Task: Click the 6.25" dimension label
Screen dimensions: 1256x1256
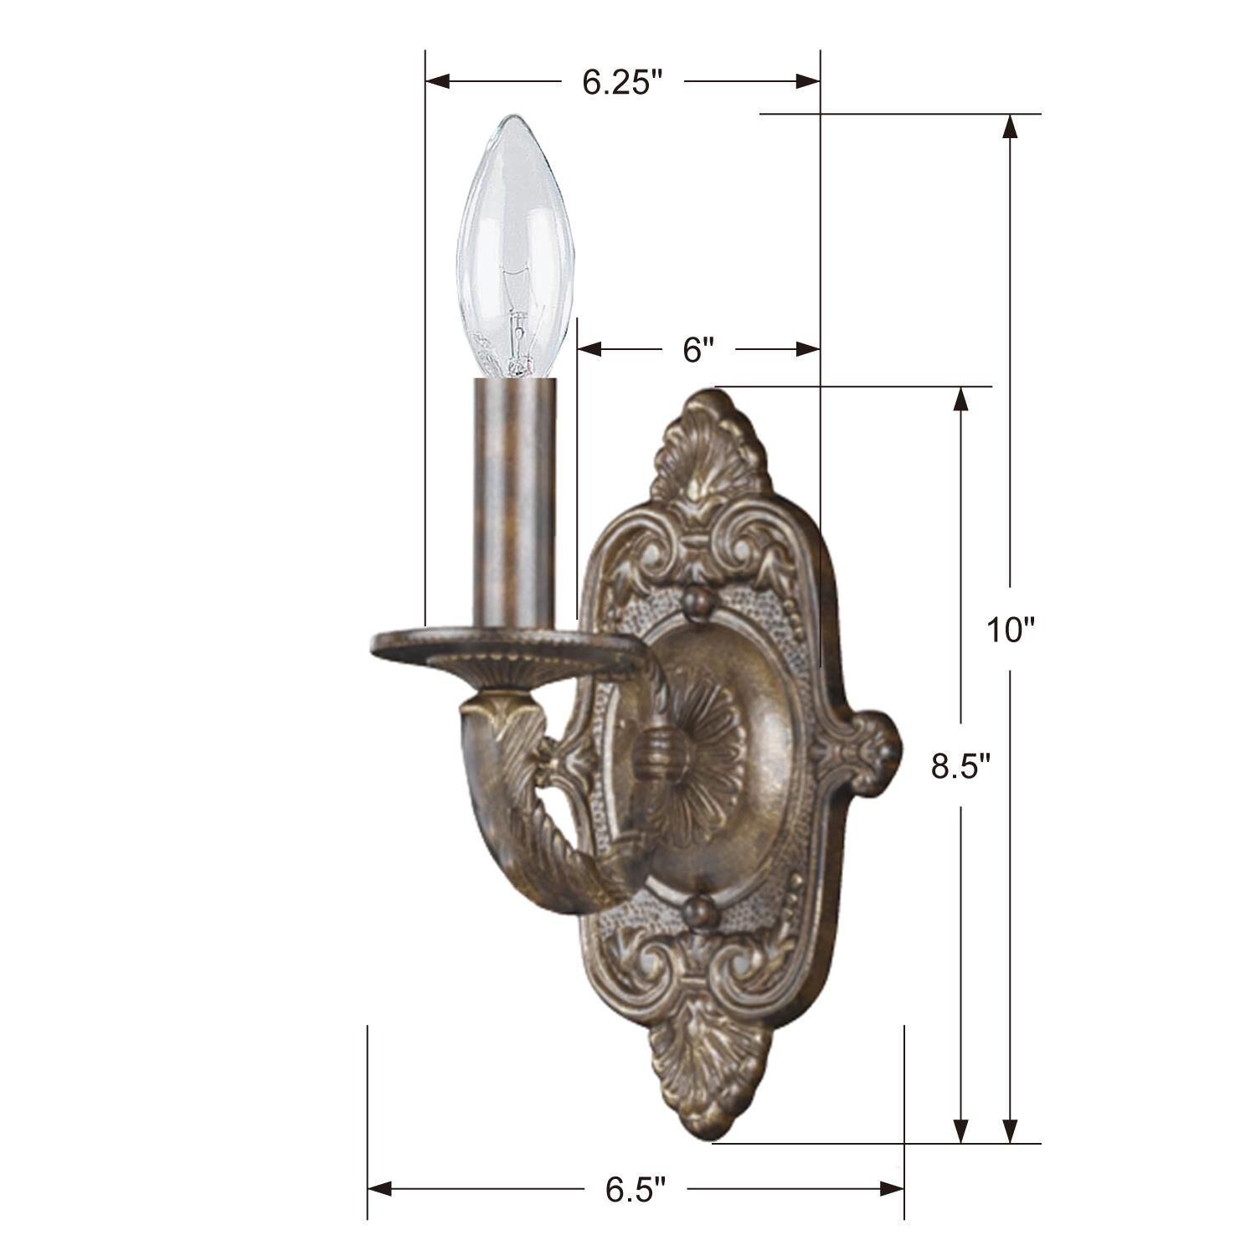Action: pyautogui.click(x=622, y=82)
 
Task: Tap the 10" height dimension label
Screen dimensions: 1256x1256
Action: pyautogui.click(x=1011, y=630)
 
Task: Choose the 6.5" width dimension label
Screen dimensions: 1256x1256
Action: pyautogui.click(x=636, y=1190)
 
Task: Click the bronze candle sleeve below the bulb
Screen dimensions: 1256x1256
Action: pyautogui.click(x=514, y=502)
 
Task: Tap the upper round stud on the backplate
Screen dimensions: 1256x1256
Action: pyautogui.click(x=697, y=601)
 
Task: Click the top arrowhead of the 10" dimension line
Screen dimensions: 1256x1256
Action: pyautogui.click(x=1011, y=126)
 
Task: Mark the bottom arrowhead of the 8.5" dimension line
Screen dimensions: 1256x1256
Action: pyautogui.click(x=961, y=1130)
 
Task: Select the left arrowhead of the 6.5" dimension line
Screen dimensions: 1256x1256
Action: pyautogui.click(x=379, y=1188)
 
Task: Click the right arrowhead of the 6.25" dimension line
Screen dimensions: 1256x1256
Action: pyautogui.click(x=807, y=81)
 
